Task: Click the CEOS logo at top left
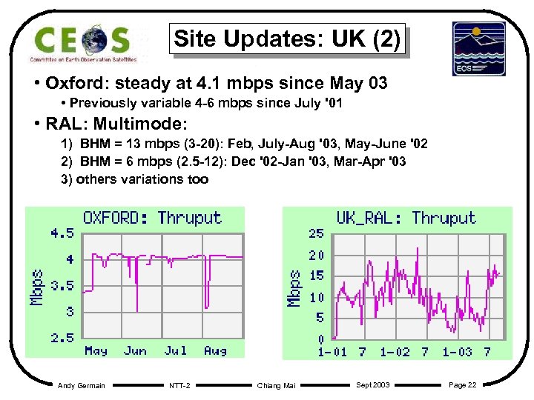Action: coord(83,42)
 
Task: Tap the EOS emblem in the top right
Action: coord(478,48)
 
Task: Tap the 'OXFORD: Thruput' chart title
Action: coord(152,218)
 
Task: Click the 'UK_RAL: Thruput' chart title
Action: coord(406,218)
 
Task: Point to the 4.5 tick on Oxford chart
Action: coord(62,233)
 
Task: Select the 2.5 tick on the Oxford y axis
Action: coord(62,338)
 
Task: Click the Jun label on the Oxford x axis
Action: coord(136,350)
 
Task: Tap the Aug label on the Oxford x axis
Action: coord(215,350)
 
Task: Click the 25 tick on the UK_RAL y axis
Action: coord(316,233)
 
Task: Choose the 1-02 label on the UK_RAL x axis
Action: coord(395,352)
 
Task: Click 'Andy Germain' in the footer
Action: coord(81,385)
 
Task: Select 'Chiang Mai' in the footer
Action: coord(275,385)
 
